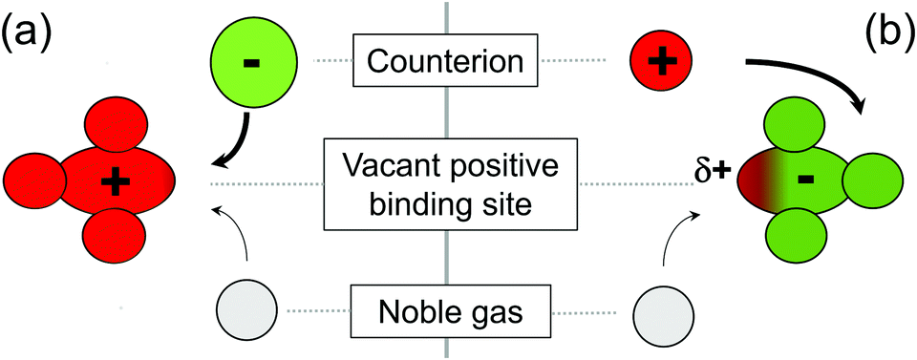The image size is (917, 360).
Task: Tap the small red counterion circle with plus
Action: pyautogui.click(x=660, y=62)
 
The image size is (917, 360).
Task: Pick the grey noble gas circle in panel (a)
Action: pyautogui.click(x=247, y=312)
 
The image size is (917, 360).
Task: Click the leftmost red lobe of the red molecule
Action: pyautogui.click(x=34, y=180)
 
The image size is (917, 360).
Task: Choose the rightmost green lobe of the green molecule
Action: pyautogui.click(x=873, y=180)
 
